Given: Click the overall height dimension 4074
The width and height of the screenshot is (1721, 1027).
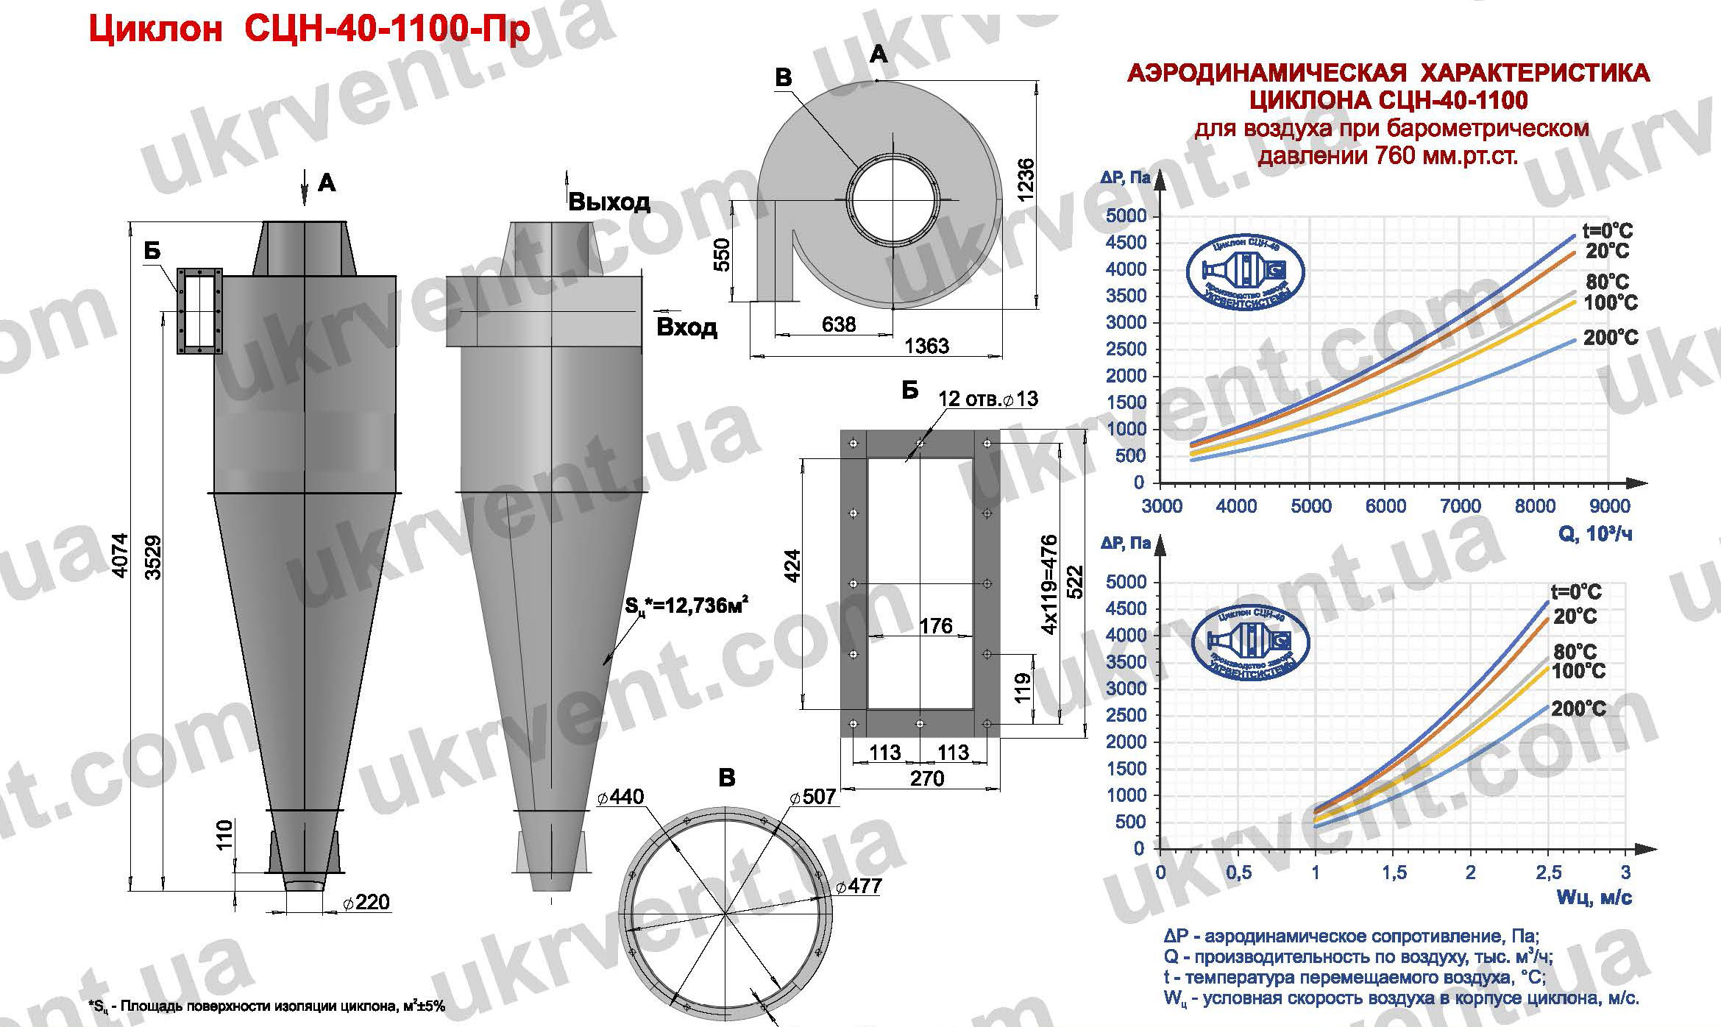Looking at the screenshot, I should (x=121, y=565).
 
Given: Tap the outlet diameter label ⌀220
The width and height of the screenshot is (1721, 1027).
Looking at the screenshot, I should (x=366, y=903).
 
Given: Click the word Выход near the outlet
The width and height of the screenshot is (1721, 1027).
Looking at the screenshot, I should (x=608, y=202).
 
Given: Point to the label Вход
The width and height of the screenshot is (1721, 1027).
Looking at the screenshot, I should (x=686, y=327).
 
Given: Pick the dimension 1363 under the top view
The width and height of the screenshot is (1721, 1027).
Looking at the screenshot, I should (x=926, y=347).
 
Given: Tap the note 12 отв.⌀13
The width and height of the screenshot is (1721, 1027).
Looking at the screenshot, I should (x=987, y=399).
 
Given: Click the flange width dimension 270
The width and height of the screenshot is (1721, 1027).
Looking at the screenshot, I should (x=926, y=778).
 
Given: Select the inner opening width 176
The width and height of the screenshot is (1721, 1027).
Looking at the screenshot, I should (x=935, y=626).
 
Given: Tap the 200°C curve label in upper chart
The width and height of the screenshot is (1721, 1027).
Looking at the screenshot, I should (x=1611, y=338).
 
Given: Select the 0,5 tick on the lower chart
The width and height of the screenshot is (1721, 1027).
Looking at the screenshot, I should (x=1239, y=873).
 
